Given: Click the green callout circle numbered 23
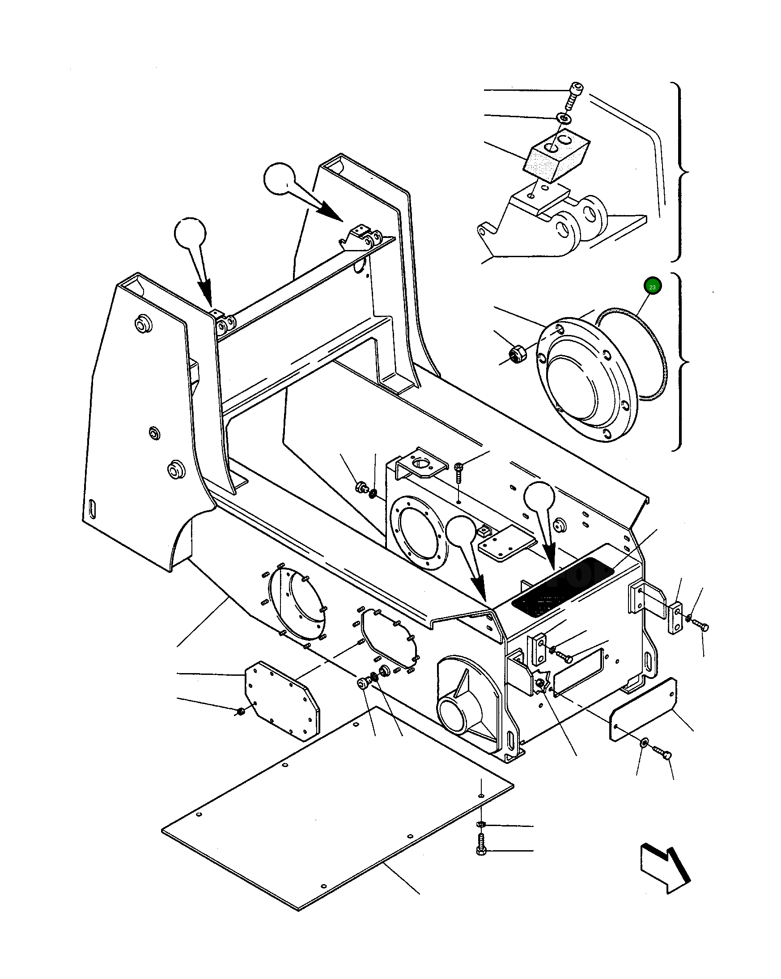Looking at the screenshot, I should point(652,286).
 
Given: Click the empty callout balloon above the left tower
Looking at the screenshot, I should point(190,233).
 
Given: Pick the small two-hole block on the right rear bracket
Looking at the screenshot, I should point(675,618).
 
